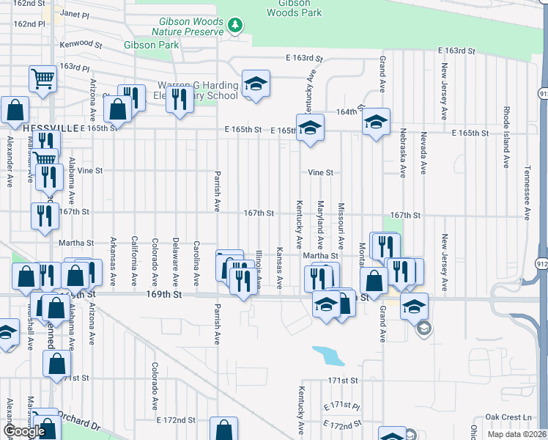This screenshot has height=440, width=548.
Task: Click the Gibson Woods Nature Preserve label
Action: point(187,26)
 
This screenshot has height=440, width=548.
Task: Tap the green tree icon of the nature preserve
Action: point(234,26)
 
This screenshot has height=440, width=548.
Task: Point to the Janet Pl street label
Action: point(74,14)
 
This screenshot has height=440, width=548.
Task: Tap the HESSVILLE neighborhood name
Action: point(51,128)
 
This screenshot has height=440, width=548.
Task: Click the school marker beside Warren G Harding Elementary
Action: point(256,85)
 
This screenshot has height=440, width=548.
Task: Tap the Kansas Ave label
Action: point(280,267)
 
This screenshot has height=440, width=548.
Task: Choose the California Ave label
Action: point(134,260)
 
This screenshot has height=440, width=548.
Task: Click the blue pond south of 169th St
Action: point(328,356)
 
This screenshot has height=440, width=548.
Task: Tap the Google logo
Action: point(24,431)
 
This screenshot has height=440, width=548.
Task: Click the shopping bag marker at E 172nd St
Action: point(223,430)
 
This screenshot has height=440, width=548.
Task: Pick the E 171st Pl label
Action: point(341,406)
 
